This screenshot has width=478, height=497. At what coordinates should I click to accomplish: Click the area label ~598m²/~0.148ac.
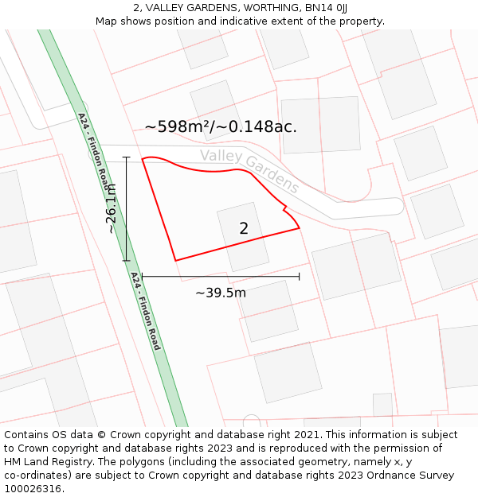[221, 126]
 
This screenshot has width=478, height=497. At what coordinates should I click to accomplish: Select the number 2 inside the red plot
[244, 228]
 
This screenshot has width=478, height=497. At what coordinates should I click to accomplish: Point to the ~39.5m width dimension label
[221, 293]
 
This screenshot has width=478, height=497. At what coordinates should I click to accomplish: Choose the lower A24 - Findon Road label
[146, 311]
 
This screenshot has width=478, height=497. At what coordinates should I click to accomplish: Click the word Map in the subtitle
[107, 21]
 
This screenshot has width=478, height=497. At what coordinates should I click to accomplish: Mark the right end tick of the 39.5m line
[299, 277]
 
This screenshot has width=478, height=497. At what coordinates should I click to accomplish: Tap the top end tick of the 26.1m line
[126, 157]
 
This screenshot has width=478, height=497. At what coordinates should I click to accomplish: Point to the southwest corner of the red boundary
[175, 260]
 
